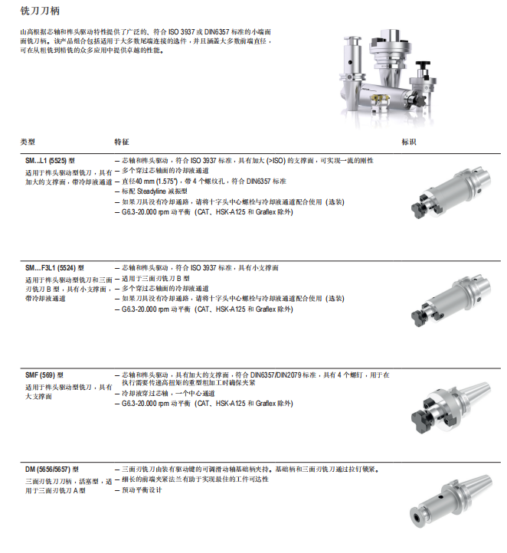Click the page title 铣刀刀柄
40,11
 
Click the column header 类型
28,142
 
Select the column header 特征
122,142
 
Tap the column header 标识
409,142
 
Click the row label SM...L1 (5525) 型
50,161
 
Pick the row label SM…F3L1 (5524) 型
54,268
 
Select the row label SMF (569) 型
44,375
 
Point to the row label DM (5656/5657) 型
52,470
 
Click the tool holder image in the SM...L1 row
450,192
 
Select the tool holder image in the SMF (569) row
450,407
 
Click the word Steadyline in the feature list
151,191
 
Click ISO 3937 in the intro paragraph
182,31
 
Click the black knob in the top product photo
423,67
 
